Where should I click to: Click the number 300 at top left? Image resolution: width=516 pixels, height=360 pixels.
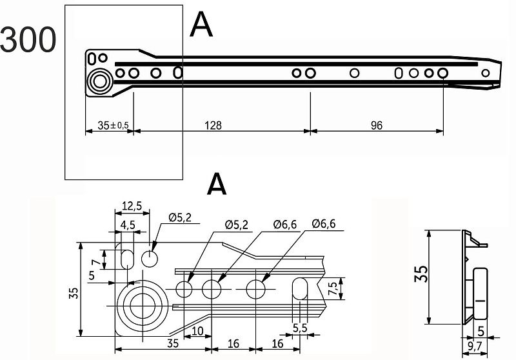[28, 39]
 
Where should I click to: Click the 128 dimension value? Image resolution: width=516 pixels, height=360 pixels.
[213, 125]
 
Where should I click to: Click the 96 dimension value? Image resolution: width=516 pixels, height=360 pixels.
[377, 125]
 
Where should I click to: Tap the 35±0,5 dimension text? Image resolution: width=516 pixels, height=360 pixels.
[114, 125]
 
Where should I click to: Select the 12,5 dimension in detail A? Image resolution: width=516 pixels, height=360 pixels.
[132, 206]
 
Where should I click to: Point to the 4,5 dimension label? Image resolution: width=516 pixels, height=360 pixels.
[128, 225]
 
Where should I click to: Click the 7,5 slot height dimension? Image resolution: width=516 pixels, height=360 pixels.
[333, 288]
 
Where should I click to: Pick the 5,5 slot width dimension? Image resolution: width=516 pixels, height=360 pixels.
[300, 328]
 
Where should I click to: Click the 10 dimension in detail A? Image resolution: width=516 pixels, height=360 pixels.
[197, 331]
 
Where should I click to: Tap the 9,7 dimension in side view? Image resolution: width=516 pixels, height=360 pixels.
[474, 346]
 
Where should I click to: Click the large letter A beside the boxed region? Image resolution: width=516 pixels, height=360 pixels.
[201, 25]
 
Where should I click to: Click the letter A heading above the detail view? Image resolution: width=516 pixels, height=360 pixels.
[217, 184]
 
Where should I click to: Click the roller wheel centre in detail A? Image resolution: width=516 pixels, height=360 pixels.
[143, 306]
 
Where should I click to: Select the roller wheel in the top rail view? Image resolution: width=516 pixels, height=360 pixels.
[100, 81]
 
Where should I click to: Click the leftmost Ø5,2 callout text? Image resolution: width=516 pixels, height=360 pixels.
[180, 217]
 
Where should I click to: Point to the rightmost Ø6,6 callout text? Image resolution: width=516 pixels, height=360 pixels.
[324, 224]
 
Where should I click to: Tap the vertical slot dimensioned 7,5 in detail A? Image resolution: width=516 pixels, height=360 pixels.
[300, 288]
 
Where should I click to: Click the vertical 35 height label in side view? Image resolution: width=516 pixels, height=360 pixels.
[421, 274]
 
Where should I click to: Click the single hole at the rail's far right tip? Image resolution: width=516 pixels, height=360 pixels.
[486, 73]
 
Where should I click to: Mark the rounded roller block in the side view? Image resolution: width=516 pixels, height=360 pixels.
[481, 294]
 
